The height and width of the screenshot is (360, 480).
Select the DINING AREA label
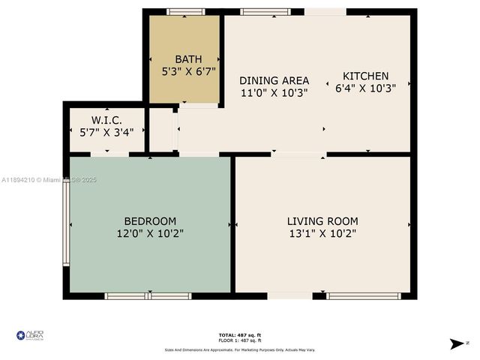click(x=274, y=80)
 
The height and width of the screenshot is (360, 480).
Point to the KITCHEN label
click(x=366, y=76)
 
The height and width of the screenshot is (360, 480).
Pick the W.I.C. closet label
click(x=106, y=120)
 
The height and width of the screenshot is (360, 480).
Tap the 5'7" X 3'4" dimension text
click(x=106, y=133)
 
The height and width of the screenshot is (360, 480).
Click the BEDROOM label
click(x=150, y=221)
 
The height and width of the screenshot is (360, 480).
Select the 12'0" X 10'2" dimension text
click(x=150, y=234)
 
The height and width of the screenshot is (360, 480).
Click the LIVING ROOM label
click(x=322, y=221)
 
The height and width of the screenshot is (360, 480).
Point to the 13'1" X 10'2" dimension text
click(x=322, y=234)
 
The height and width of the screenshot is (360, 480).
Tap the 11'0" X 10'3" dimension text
click(x=274, y=93)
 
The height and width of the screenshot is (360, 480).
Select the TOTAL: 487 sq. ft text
click(x=240, y=334)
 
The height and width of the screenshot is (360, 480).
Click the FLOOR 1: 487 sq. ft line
click(x=240, y=341)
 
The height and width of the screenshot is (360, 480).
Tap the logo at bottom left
click(x=30, y=334)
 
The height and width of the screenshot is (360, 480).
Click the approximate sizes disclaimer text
click(x=240, y=350)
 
